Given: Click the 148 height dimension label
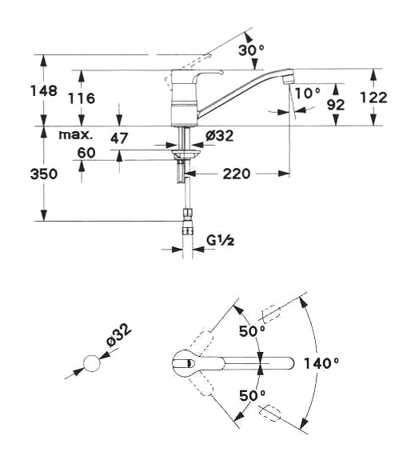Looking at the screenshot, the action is click(x=44, y=91).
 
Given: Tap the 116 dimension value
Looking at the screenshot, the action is click(x=82, y=98).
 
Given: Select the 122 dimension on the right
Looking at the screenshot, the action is click(x=373, y=98).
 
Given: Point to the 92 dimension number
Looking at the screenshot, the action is click(x=336, y=105).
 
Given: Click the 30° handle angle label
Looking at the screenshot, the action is click(x=251, y=50).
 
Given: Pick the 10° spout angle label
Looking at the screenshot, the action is click(x=308, y=94).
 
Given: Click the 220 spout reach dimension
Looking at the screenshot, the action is click(x=237, y=174).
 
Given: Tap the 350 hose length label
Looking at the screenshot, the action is click(x=44, y=174).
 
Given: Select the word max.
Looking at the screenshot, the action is click(x=76, y=135).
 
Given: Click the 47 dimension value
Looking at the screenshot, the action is click(x=119, y=138).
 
